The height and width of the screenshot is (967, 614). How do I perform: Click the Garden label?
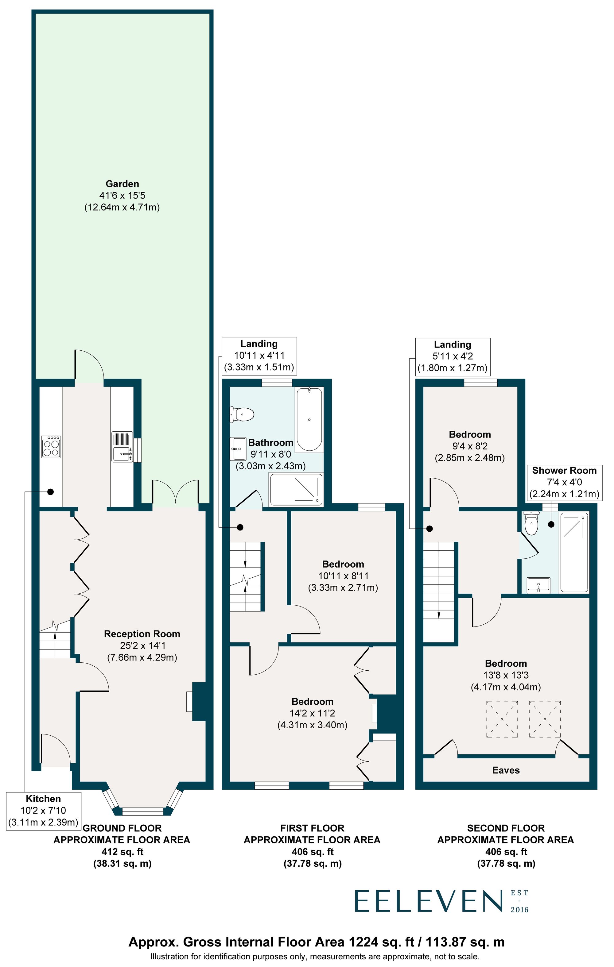coord(122,184)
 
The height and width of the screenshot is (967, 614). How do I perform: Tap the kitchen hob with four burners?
coord(51,447)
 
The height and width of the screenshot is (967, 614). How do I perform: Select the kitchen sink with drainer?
coord(122,447)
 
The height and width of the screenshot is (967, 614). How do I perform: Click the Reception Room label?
coord(142,634)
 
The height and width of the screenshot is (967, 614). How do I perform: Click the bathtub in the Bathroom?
coord(309,419)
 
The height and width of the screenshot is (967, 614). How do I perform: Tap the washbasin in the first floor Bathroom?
coord(238,449)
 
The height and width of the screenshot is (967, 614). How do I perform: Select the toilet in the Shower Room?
coord(531,524)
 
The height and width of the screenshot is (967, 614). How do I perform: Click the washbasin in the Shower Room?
coord(538,585)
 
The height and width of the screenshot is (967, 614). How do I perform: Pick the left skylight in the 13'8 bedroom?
coord(502,719)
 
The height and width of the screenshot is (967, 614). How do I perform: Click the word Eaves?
coord(506,770)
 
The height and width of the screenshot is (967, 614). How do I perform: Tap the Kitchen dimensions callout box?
coord(43,811)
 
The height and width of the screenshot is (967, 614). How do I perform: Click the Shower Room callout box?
coord(564,482)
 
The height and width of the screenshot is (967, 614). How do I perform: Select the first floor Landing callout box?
coord(259,355)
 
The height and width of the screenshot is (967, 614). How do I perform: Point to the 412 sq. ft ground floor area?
coord(122,851)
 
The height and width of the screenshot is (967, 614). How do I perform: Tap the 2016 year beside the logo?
coord(519,910)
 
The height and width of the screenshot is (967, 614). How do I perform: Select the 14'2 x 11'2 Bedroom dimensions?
coord(312,713)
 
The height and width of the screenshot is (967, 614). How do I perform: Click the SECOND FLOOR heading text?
coord(506,828)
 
